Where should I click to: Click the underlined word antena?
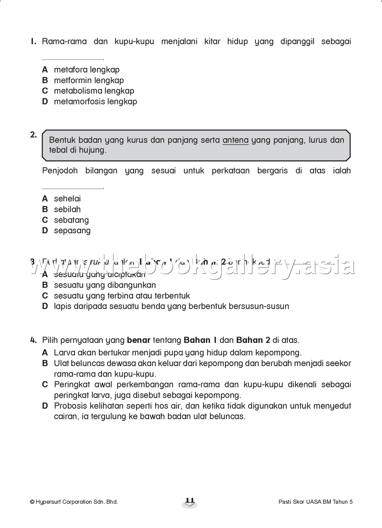pyautogui.click(x=235, y=140)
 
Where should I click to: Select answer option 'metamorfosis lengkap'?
pyautogui.click(x=95, y=101)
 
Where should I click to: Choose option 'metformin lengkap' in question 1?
pyautogui.click(x=89, y=80)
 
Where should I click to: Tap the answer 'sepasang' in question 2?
pyautogui.click(x=72, y=231)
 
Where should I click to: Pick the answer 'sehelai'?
pyautogui.click(x=67, y=199)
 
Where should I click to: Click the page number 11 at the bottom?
pyautogui.click(x=190, y=501)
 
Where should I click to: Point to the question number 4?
pyautogui.click(x=33, y=340)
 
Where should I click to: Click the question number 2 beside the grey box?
pyautogui.click(x=33, y=135)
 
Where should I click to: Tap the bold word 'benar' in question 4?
pyautogui.click(x=138, y=340)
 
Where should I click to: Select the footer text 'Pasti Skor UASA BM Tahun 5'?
pyautogui.click(x=315, y=502)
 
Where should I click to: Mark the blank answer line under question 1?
pyautogui.click(x=72, y=59)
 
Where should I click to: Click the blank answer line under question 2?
pyautogui.click(x=72, y=188)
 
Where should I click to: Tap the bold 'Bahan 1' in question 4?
pyautogui.click(x=200, y=340)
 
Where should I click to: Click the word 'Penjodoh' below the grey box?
pyautogui.click(x=60, y=171)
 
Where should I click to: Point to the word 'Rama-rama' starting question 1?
pyautogui.click(x=64, y=41)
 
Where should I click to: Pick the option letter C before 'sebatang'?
pyautogui.click(x=45, y=220)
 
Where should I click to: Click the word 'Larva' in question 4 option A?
pyautogui.click(x=64, y=353)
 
